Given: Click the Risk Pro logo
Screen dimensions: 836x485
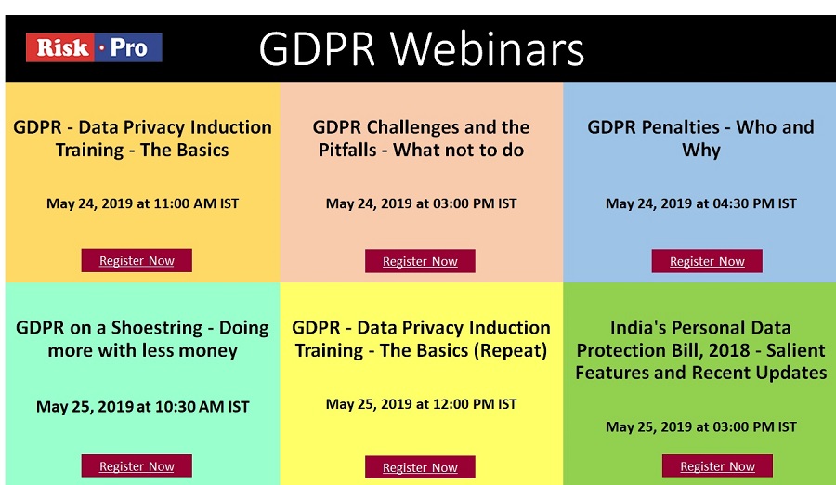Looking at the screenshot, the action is pos(94,48).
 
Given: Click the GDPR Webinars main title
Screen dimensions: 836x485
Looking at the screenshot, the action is pos(422,49).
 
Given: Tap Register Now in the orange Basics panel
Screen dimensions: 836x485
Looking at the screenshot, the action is pos(137,260).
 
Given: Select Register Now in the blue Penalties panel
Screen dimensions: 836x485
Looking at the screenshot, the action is pos(707,261).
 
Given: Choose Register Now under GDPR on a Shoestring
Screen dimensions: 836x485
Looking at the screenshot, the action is pos(137,465).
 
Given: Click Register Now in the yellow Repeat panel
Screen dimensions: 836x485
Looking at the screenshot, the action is pos(420,466).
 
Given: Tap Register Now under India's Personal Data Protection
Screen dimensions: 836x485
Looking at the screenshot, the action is pos(718,465).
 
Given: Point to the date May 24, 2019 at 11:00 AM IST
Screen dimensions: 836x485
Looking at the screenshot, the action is pos(142,203).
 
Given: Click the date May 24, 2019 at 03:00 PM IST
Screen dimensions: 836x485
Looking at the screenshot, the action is pos(421,203).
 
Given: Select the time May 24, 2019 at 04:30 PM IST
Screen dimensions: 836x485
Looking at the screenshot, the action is pos(701,203).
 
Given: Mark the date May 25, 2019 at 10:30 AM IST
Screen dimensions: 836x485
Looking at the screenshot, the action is pos(142,407).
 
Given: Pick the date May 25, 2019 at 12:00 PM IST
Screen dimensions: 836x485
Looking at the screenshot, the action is pos(421,404).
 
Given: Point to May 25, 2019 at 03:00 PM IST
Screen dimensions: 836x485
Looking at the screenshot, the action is pos(701,426).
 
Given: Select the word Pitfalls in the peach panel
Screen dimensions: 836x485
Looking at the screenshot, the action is pos(347,150).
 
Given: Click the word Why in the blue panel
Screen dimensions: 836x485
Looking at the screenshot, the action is pos(701,151).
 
